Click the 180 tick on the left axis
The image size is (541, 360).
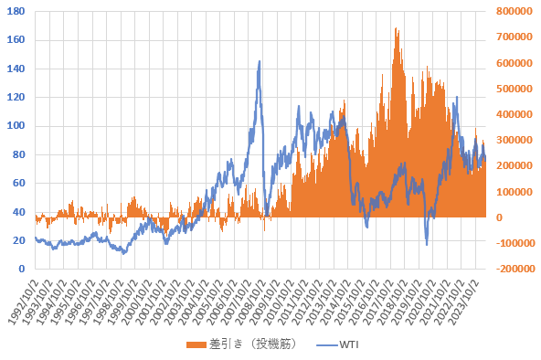click(16, 11)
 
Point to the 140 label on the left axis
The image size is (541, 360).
click(16, 69)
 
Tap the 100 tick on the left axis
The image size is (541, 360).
click(16, 125)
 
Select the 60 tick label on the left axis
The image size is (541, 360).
click(18, 183)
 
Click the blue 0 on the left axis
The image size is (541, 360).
click(22, 269)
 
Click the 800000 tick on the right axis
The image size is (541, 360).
click(514, 11)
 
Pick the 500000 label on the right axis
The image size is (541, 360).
click(514, 89)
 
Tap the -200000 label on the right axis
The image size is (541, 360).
click(515, 269)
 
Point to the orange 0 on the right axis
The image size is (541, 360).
click(499, 217)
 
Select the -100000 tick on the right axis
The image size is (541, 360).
click(515, 243)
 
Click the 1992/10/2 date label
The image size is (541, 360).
click(22, 302)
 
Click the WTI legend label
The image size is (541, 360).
click(349, 344)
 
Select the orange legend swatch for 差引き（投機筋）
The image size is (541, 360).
click(196, 344)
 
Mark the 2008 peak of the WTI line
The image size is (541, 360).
click(260, 61)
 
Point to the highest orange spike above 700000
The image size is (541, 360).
click(396, 28)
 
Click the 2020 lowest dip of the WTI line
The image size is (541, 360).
click(427, 245)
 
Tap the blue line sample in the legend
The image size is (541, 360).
click(327, 344)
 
